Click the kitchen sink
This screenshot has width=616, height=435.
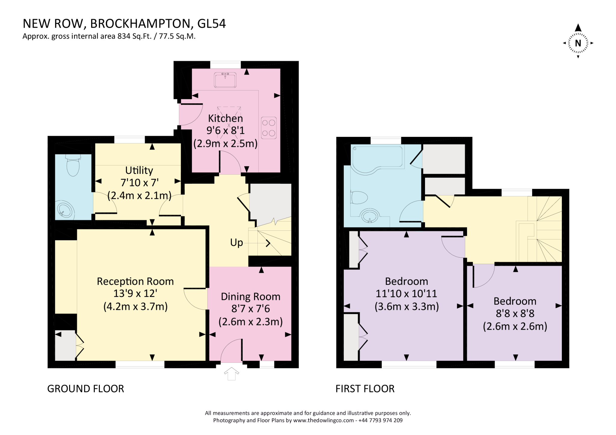(225, 79)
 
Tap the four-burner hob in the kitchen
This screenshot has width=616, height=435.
(269, 128)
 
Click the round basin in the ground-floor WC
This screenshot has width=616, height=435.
(65, 211)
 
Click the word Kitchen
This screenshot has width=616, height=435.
(225, 118)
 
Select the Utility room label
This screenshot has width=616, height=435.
(139, 170)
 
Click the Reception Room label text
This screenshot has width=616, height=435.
(135, 281)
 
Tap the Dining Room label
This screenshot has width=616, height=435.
(250, 297)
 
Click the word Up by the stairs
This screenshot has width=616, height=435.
(236, 242)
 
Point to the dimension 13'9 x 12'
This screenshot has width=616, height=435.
(135, 294)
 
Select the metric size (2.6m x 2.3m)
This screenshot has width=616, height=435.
(250, 322)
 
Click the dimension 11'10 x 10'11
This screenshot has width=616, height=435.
(406, 294)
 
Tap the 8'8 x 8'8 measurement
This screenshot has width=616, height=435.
(515, 314)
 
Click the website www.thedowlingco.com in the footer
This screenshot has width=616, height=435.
(323, 420)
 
